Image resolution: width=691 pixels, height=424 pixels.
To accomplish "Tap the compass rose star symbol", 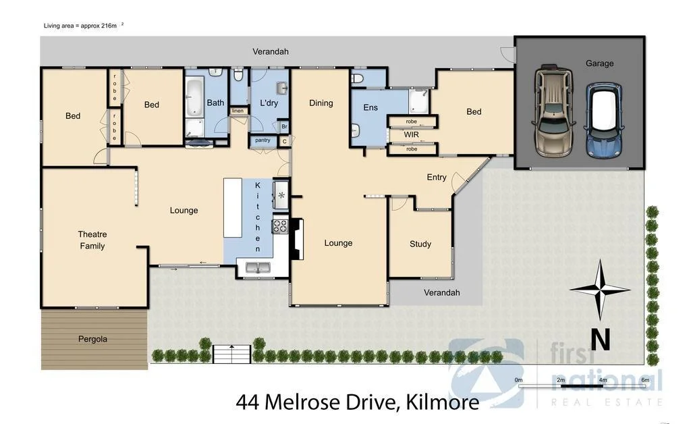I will pyautogui.click(x=599, y=290).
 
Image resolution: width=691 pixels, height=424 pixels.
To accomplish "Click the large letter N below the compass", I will pyautogui.click(x=601, y=339).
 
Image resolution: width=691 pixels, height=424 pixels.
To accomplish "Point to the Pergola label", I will pyautogui.click(x=92, y=339).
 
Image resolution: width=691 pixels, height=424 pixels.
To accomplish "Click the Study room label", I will pyautogui.click(x=420, y=244).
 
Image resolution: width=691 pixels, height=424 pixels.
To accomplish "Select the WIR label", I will pyautogui.click(x=412, y=135).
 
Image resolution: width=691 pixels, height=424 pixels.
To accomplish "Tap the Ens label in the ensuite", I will pyautogui.click(x=370, y=107).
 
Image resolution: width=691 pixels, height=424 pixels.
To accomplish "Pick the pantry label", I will pyautogui.click(x=262, y=140).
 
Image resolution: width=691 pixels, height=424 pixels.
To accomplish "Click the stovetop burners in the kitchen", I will pyautogui.click(x=279, y=227).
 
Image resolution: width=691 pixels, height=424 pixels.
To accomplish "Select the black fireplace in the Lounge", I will pyautogui.click(x=296, y=240).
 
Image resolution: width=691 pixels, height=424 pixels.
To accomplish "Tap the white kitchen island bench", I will pyautogui.click(x=232, y=207).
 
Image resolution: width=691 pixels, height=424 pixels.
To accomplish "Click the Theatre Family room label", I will pyautogui.click(x=92, y=240).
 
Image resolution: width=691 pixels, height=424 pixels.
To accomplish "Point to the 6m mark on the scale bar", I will pyautogui.click(x=645, y=380).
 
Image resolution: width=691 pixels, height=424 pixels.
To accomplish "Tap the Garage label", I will pyautogui.click(x=599, y=63).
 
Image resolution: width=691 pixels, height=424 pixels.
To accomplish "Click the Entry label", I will pyautogui.click(x=437, y=178).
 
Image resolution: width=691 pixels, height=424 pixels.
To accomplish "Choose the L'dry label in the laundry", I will pyautogui.click(x=269, y=103).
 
